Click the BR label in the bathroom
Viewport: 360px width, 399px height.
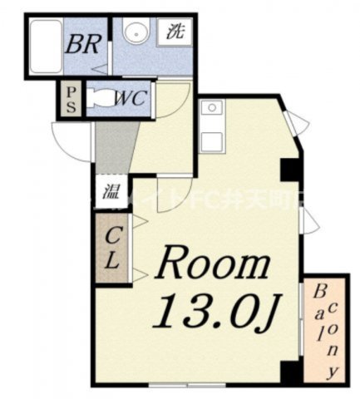(x=86, y=42)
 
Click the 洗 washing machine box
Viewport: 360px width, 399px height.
(x=175, y=33)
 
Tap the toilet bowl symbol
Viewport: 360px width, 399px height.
(x=99, y=98)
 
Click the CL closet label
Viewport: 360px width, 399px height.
(x=111, y=246)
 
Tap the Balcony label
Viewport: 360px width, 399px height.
(x=326, y=328)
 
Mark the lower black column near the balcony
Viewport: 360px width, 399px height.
(x=288, y=373)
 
